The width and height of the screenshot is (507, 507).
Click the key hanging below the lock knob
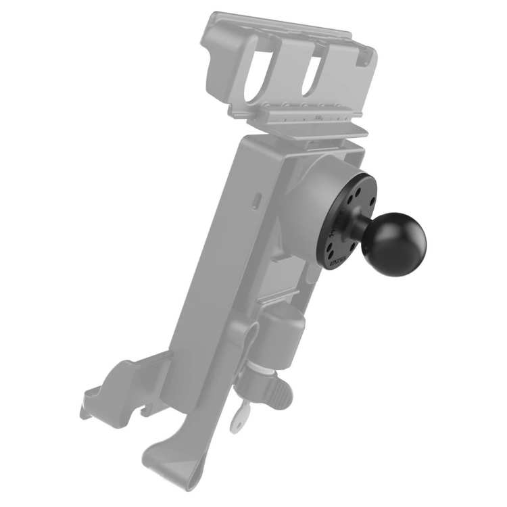[237, 420]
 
